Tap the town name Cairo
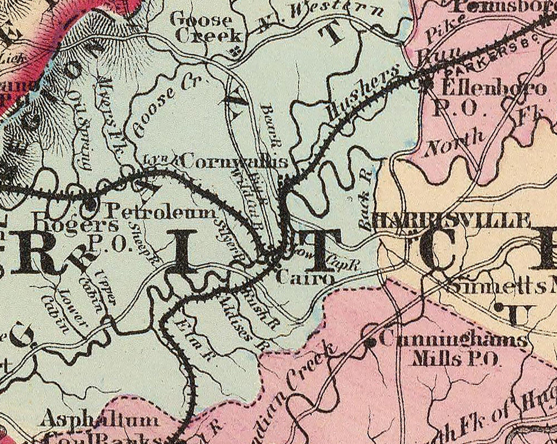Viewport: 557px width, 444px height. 305,278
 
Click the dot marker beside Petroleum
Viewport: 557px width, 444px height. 90,205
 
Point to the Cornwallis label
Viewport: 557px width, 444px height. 235,161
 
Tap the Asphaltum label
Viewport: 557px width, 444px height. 100,419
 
